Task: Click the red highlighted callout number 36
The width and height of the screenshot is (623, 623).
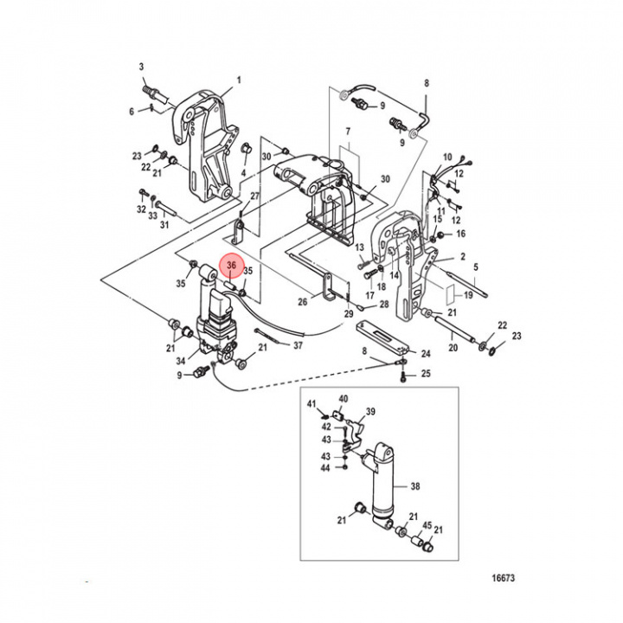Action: click(231, 267)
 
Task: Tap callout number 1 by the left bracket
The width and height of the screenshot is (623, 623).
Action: click(240, 80)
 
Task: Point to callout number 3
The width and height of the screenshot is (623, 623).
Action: click(143, 67)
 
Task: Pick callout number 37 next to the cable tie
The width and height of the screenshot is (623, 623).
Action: click(299, 345)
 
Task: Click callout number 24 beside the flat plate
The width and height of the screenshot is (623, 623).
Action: click(425, 354)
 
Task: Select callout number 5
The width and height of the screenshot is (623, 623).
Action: click(475, 267)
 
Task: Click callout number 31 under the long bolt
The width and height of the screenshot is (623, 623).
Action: click(164, 225)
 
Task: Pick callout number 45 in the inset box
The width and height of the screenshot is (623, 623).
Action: click(426, 525)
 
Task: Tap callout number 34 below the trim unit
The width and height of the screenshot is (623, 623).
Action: click(181, 361)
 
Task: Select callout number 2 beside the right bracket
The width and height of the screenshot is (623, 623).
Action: click(462, 257)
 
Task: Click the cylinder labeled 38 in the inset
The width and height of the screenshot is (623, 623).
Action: click(382, 485)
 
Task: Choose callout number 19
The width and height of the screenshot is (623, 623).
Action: click(468, 295)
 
